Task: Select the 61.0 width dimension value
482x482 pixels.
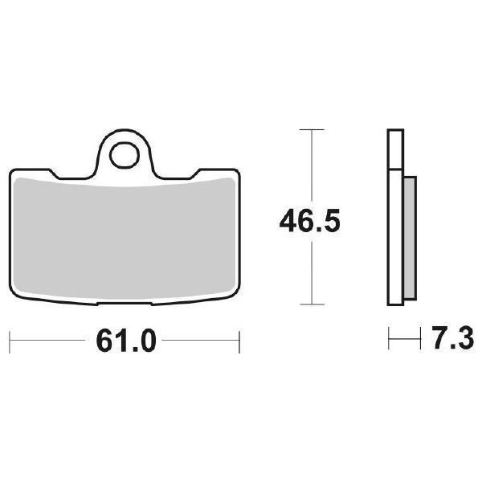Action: point(125,341)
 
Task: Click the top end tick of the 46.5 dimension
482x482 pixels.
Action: point(311,129)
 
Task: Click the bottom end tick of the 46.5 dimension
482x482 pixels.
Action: point(311,304)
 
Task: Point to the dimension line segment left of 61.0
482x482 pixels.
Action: point(48,341)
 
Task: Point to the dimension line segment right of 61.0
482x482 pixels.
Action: point(201,341)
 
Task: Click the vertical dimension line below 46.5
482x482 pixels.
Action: point(311,273)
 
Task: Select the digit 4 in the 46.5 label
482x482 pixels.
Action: point(286,219)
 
